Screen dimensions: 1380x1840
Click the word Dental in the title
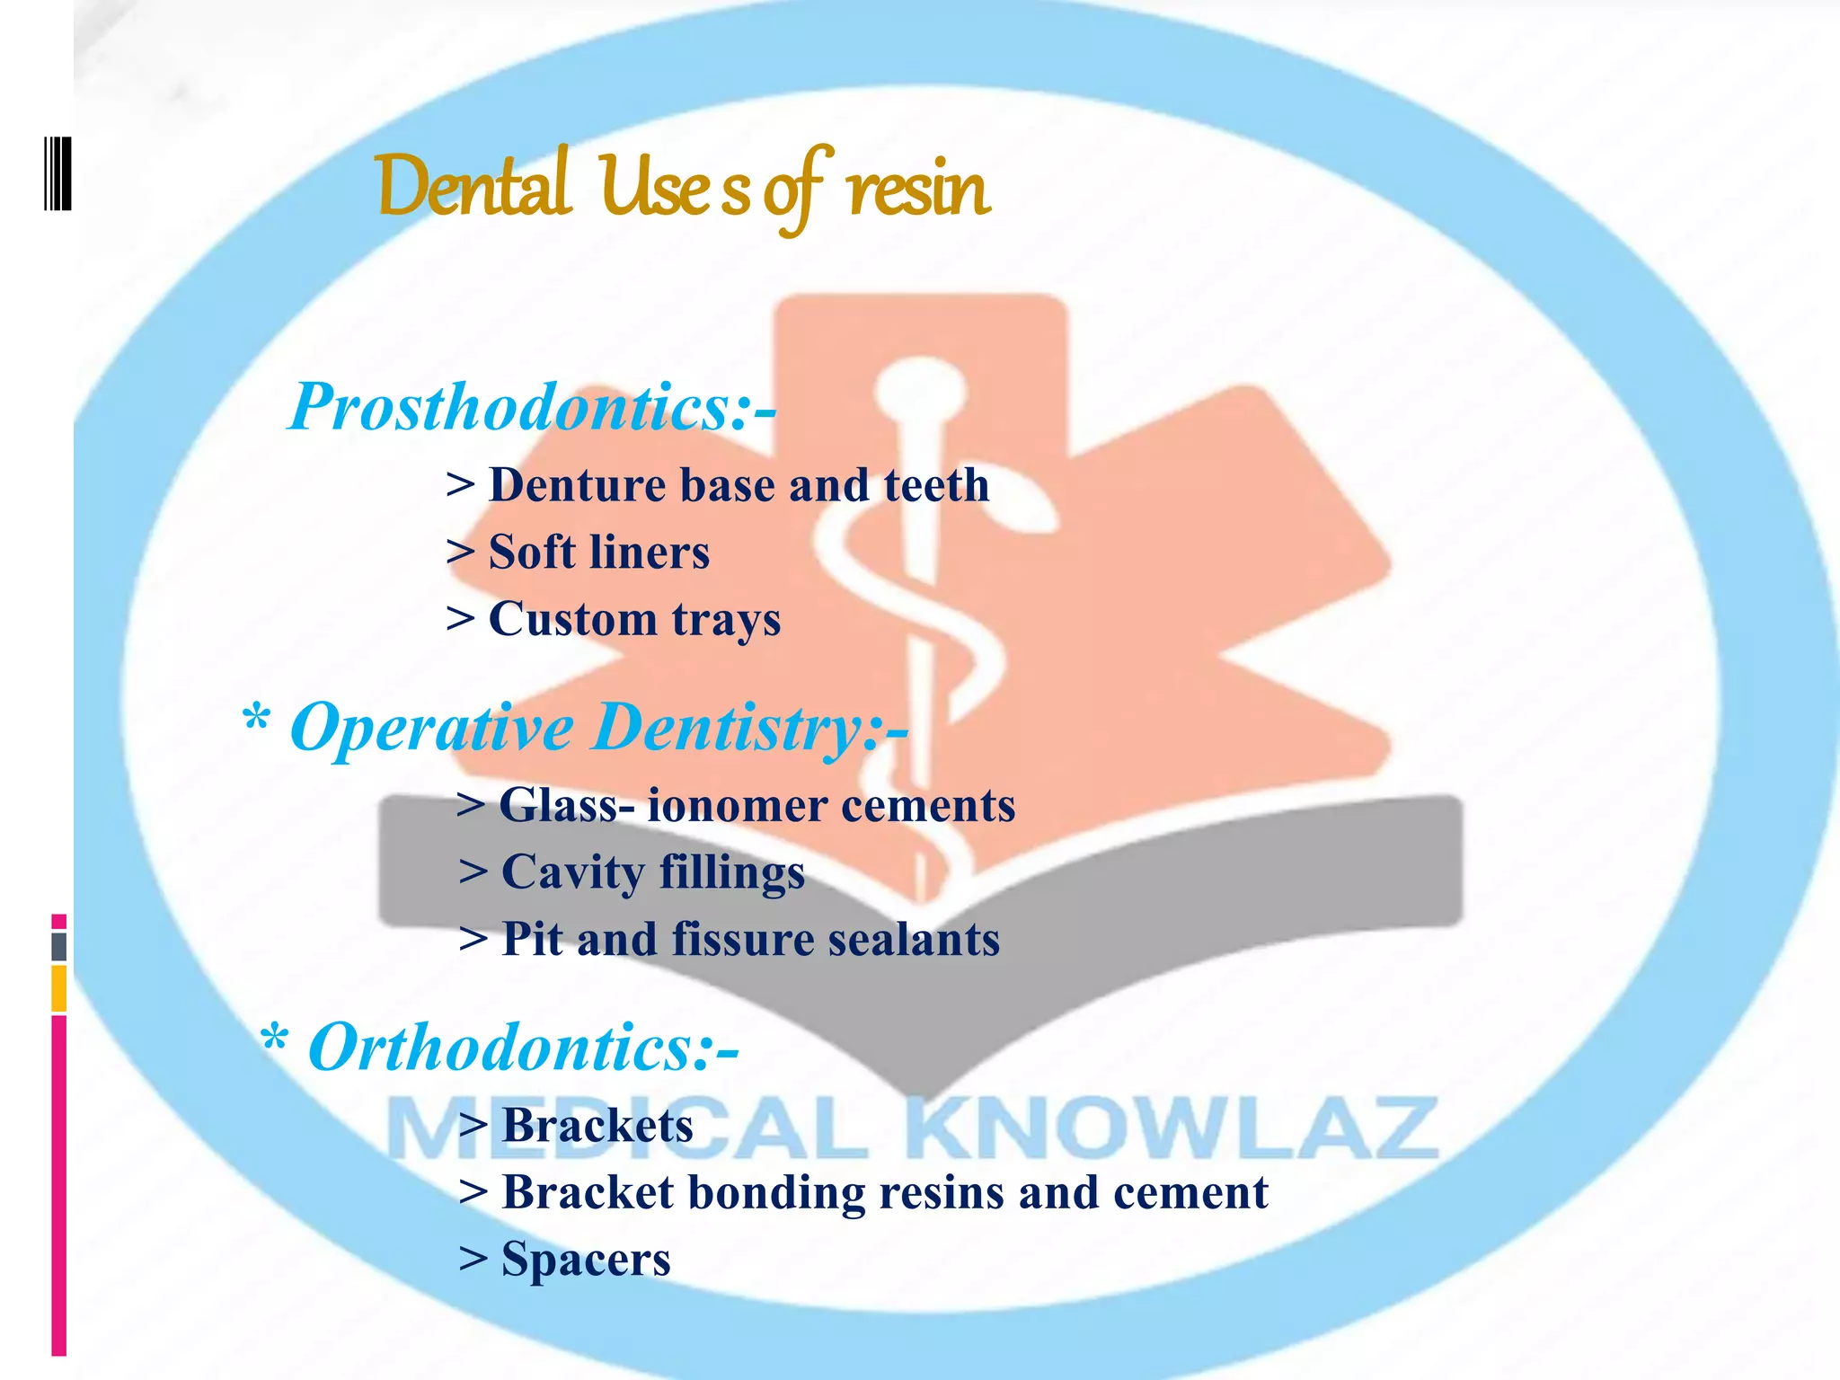[x=473, y=187]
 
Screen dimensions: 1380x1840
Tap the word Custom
[x=572, y=619]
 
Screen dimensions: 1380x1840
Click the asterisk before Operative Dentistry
[x=256, y=720]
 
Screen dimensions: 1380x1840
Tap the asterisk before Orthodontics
[x=274, y=1040]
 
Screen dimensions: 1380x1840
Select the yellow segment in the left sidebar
[x=58, y=988]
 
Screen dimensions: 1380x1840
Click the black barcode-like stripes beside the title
[x=57, y=172]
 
